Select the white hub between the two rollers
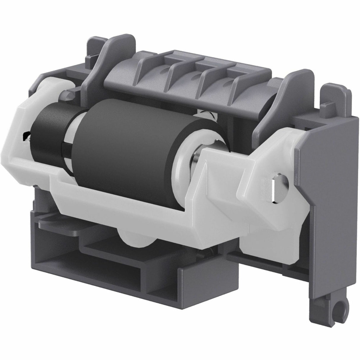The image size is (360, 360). (70, 139)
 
